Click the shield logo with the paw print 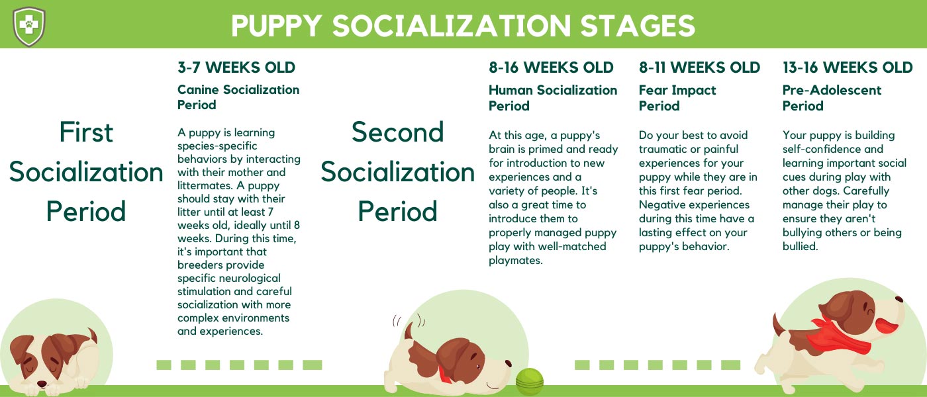tap(28, 26)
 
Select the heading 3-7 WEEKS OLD tap(236, 67)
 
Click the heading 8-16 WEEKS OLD tap(551, 67)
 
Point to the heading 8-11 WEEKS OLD tap(699, 67)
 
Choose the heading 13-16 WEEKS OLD tap(848, 67)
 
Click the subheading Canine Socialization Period tap(238, 97)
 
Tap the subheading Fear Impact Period tap(677, 97)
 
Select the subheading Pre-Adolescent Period tap(832, 97)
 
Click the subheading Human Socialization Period tap(552, 97)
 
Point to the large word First tap(86, 132)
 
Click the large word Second tap(397, 132)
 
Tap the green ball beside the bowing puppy tap(530, 382)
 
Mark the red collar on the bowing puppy tap(446, 373)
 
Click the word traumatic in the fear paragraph tap(666, 149)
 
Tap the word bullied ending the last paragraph tap(799, 246)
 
